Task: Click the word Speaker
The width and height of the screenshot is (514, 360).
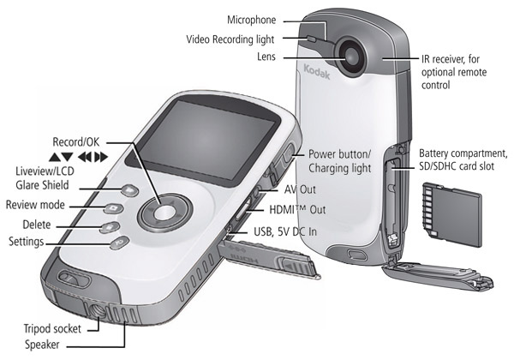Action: coord(46,345)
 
